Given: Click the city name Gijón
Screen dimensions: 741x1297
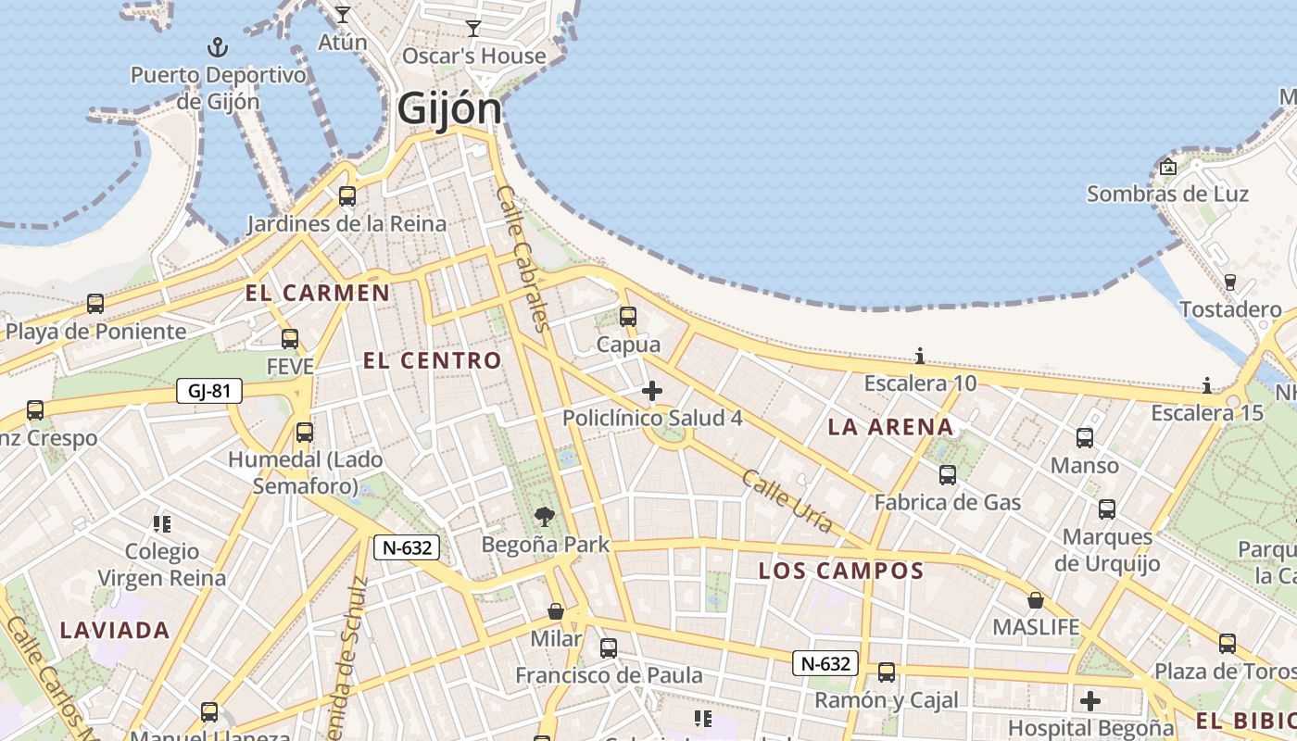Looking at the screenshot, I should tap(449, 108).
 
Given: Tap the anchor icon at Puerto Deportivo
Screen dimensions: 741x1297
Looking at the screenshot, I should tap(218, 47).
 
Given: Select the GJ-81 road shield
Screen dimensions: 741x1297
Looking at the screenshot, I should tap(209, 391).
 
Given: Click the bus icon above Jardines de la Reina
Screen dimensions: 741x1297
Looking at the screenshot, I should tap(347, 196).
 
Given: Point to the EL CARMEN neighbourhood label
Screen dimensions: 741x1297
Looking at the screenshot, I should tap(318, 294).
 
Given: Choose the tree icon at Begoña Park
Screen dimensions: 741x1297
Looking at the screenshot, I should tap(545, 517).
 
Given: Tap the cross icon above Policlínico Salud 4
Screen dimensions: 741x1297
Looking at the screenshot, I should tap(652, 391).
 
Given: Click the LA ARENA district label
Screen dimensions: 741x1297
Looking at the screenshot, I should tap(890, 427).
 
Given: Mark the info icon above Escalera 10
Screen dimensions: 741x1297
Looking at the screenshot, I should tap(920, 356).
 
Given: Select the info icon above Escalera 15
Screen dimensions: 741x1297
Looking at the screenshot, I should tap(1207, 385).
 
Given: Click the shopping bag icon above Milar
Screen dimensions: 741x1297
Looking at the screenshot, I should tap(556, 611).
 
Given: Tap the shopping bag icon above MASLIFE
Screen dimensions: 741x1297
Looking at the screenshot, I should tap(1036, 600).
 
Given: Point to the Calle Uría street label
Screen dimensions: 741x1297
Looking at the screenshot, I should tap(787, 502).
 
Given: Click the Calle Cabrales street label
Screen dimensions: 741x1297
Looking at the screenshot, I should tap(524, 257).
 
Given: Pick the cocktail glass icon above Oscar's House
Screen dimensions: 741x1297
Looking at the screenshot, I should tap(473, 29).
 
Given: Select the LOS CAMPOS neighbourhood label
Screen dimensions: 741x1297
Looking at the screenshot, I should tap(841, 571).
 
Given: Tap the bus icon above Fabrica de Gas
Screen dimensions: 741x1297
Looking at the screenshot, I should tap(948, 475).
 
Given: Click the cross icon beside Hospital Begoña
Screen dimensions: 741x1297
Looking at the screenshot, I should tap(1090, 700).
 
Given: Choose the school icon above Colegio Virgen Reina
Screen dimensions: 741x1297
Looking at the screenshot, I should tap(162, 524).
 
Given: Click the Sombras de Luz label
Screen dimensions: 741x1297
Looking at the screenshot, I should tap(1167, 195).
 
